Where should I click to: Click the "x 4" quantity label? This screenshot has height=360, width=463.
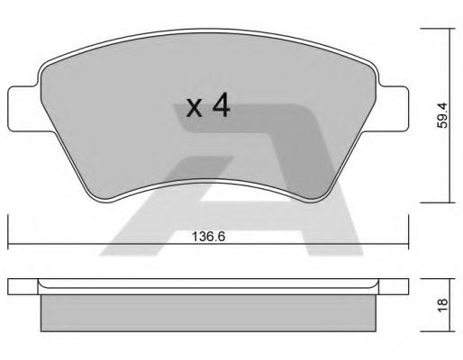207,108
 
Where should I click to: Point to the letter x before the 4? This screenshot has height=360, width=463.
194,110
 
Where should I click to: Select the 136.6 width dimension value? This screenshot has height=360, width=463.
208,238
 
